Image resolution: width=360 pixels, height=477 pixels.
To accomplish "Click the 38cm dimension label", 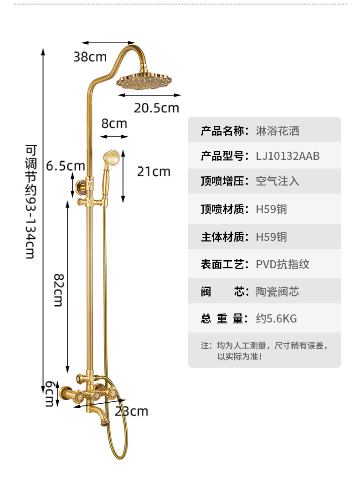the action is point(90,57).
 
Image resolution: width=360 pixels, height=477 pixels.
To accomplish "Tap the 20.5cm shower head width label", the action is point(156,108).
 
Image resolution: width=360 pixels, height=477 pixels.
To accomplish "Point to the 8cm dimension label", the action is point(114,123).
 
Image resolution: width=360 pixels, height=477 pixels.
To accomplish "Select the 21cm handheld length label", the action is point(154,171).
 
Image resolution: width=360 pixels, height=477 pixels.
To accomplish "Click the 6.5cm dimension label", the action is point(66,166).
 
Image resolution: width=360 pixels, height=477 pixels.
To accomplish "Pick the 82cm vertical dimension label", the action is point(58,290).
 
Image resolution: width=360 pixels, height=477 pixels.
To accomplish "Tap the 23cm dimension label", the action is point(131,411).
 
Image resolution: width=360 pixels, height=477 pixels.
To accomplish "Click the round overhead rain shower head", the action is point(144,81).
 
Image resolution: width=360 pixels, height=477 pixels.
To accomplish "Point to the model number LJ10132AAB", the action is point(288,156).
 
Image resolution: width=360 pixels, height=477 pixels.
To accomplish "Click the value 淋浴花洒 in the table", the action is point(278,132).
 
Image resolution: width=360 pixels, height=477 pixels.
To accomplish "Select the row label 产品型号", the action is point(223,156).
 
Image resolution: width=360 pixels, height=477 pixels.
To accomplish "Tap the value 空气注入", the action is point(278,181).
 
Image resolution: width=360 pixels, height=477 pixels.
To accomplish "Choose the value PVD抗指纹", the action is point(283,264).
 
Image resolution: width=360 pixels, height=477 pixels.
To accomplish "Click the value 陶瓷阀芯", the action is point(278,292).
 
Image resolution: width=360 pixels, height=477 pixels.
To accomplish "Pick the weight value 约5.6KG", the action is point(276,318).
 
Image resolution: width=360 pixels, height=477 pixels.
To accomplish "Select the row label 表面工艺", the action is point(223,264).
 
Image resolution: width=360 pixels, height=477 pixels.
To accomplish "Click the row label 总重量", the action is point(223,318).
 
